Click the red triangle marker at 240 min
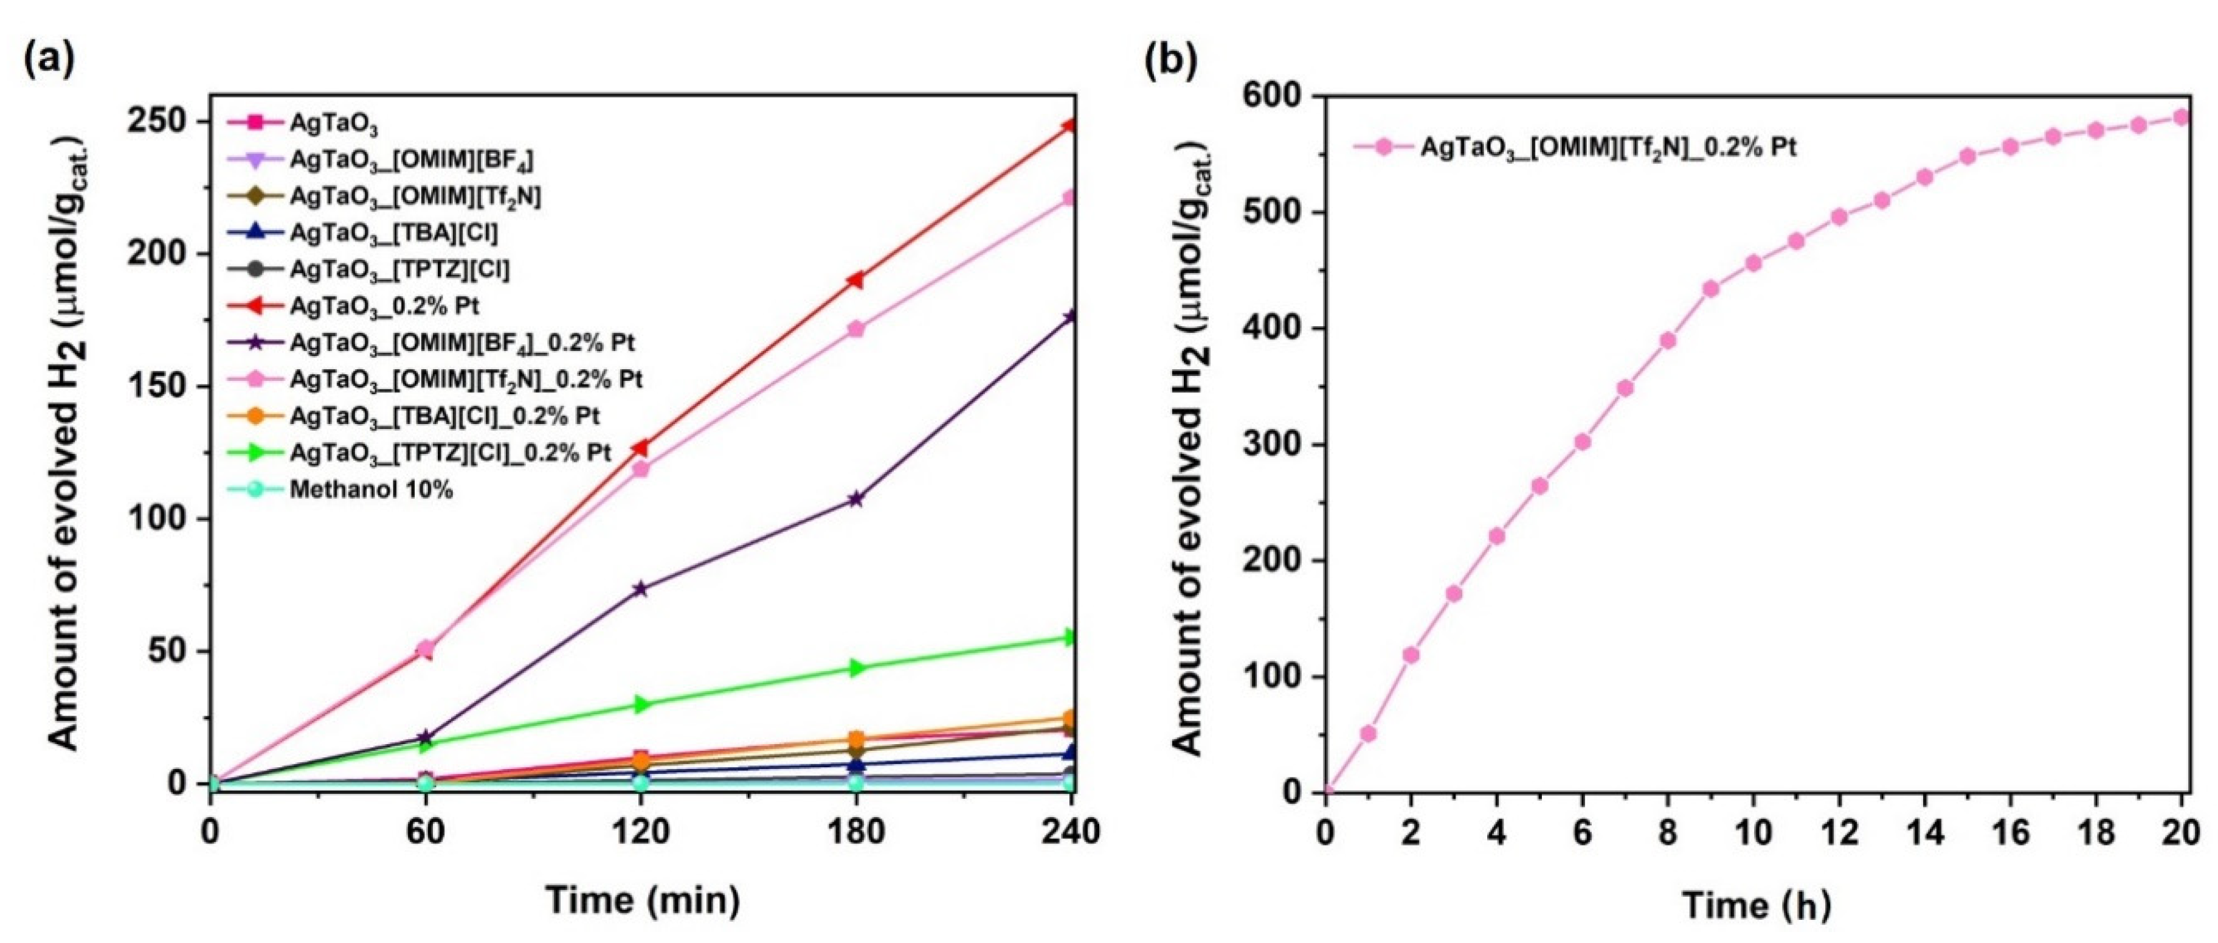click(x=1070, y=126)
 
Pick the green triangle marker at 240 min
click(x=1070, y=637)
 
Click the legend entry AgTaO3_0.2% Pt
click(x=384, y=306)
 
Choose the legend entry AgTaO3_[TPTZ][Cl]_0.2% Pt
click(x=451, y=453)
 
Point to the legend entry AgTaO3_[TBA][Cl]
click(x=393, y=232)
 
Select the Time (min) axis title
click(x=642, y=900)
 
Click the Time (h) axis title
click(x=1757, y=905)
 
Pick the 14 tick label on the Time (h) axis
click(x=1926, y=833)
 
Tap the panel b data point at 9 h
click(x=1711, y=288)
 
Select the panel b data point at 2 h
click(x=1411, y=655)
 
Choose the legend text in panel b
click(x=1608, y=147)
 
